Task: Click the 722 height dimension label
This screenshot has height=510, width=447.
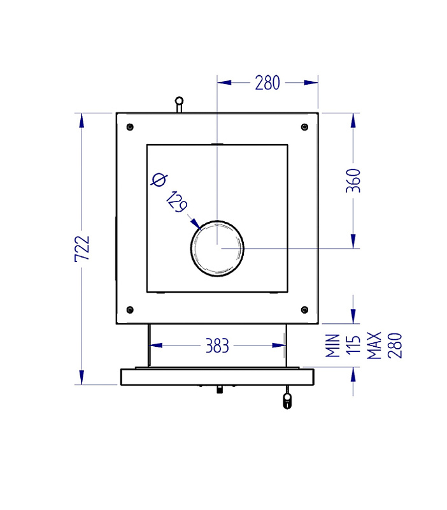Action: [x=82, y=249]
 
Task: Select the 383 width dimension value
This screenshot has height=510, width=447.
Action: [x=217, y=346]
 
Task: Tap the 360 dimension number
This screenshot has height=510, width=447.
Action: [x=353, y=181]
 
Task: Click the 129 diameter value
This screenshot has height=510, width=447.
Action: [x=177, y=202]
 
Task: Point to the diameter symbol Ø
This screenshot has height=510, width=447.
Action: [x=159, y=180]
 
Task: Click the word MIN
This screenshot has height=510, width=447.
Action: [x=332, y=346]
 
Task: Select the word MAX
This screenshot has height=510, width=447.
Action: [x=374, y=346]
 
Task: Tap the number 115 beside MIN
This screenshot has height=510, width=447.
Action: [x=353, y=344]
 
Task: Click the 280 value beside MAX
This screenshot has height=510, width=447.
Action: [x=395, y=346]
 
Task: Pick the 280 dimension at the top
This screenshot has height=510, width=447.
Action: [x=267, y=83]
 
